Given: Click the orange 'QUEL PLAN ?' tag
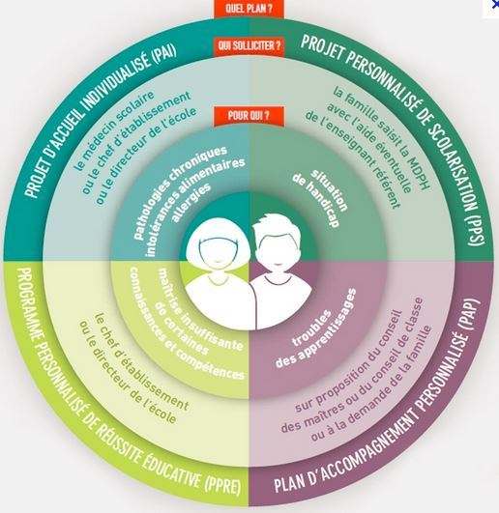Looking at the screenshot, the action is (x=249, y=9).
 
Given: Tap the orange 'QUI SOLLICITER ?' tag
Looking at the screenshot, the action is (x=249, y=45).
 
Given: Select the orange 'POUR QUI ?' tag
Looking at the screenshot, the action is (x=249, y=116).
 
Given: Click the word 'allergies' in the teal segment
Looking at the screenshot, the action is (x=191, y=203).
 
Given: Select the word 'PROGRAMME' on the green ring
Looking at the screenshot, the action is (x=31, y=306).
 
